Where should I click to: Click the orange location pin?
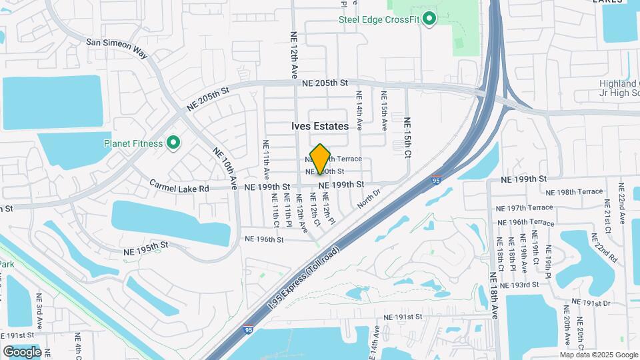pyautogui.click(x=320, y=159)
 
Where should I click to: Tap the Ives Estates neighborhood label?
pyautogui.click(x=320, y=126)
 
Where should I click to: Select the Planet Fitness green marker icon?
pyautogui.click(x=173, y=143)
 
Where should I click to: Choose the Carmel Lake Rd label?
pyautogui.click(x=179, y=187)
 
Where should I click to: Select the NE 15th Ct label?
pyautogui.click(x=407, y=138)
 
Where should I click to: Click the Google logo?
pyautogui.click(x=22, y=351)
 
